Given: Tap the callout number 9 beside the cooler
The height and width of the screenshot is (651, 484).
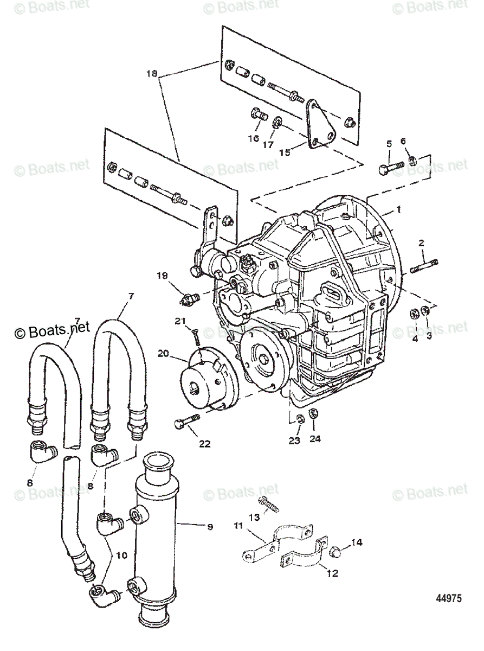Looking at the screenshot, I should [x=209, y=526].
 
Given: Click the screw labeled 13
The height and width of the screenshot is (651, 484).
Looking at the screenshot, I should [x=270, y=502].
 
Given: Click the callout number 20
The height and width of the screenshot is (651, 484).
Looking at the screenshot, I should [x=163, y=353].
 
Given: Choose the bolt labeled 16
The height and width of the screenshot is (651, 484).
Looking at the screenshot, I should [x=258, y=116].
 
